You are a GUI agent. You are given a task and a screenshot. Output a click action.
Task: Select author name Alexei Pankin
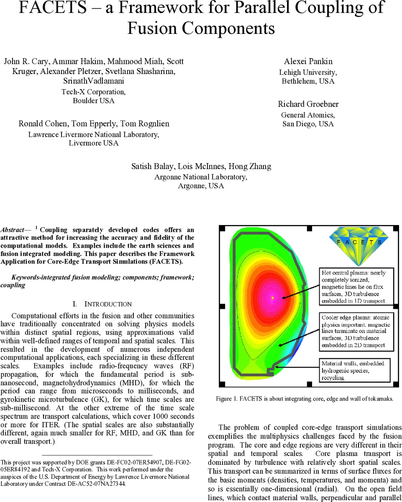point(309,61)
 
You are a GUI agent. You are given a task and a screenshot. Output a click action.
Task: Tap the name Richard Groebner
point(308,104)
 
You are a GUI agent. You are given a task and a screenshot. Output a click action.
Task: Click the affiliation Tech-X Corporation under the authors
point(93,92)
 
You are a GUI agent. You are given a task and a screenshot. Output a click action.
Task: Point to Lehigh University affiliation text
point(308,72)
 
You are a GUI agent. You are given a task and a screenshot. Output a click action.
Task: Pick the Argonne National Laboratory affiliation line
point(200,177)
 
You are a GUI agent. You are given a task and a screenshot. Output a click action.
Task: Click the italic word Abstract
point(12,230)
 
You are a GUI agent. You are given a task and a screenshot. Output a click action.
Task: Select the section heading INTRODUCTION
point(108,304)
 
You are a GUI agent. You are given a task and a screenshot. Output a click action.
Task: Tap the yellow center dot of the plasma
point(272,297)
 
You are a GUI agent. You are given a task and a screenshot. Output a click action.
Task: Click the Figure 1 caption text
point(305,399)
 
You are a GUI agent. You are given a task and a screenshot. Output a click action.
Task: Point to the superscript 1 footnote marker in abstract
point(36,228)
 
